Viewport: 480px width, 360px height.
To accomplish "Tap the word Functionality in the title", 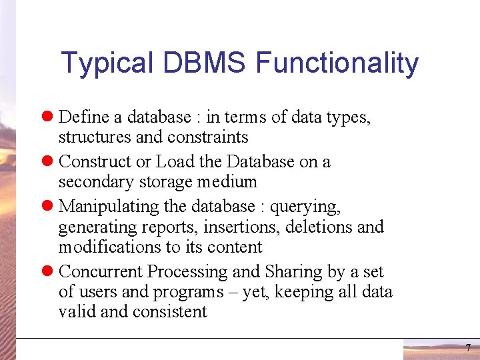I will coord(337,63).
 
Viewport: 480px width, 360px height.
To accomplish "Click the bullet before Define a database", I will coord(48,117).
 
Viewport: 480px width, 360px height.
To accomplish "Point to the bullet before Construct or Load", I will coord(48,162).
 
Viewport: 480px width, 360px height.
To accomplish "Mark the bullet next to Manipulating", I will coord(48,207).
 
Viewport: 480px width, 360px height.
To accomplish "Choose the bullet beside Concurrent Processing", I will coord(48,272).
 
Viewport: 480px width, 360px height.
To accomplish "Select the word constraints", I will coord(211,137).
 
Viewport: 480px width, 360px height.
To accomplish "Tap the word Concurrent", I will coord(101,272).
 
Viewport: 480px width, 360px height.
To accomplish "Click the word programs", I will coord(190,293).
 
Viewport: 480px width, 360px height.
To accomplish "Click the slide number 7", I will coord(467,348).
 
